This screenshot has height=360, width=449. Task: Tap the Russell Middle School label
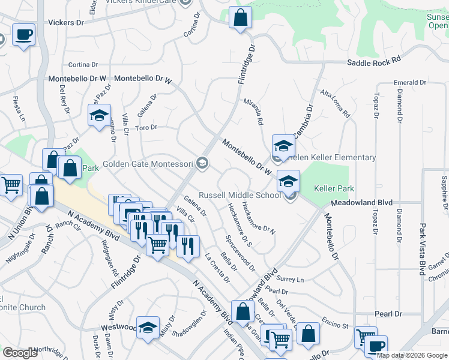coord(239,195)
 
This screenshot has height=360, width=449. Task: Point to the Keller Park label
coord(334,188)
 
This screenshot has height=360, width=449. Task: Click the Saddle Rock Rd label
coord(373,62)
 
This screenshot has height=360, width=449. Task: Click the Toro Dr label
coord(146,127)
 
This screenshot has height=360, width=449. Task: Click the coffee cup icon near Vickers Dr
coord(23,35)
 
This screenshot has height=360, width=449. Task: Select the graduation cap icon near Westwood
coord(147,328)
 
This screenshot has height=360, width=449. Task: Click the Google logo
coord(20,353)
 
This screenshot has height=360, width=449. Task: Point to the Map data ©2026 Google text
coord(412,355)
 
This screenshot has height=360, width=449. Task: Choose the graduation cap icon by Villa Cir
coord(99,116)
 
